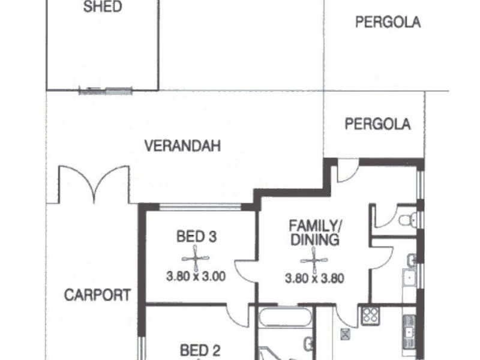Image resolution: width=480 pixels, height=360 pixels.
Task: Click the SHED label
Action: click(x=103, y=8)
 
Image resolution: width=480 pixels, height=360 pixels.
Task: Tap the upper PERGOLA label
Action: click(x=388, y=23)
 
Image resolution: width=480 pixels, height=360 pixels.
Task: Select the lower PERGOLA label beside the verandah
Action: click(x=377, y=124)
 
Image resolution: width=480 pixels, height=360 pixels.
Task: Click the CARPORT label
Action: click(x=98, y=295)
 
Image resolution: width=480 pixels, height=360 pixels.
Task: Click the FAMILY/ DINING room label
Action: click(x=314, y=233)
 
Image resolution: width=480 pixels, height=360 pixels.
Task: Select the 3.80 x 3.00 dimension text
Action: click(x=196, y=277)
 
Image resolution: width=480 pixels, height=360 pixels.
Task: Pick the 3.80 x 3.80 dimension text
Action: click(x=314, y=278)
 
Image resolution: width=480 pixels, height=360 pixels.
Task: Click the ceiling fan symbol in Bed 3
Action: click(x=196, y=258)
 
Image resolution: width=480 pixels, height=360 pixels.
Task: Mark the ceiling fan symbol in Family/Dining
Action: click(x=312, y=260)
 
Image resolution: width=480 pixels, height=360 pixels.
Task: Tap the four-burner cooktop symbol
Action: click(x=369, y=315)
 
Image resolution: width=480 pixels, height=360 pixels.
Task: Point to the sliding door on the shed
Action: click(x=106, y=91)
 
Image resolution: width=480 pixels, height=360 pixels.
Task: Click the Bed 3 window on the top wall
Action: click(x=200, y=207)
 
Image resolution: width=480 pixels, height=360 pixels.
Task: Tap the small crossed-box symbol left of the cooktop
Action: click(x=344, y=333)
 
